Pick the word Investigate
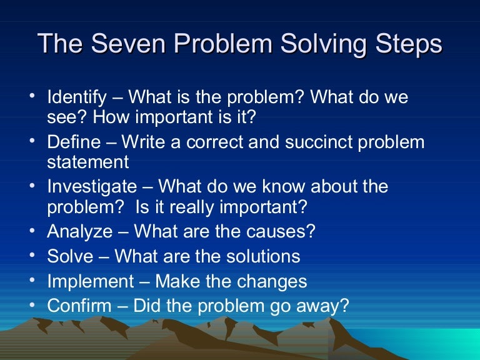[91, 187]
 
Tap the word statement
[88, 162]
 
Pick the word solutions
[258, 256]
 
